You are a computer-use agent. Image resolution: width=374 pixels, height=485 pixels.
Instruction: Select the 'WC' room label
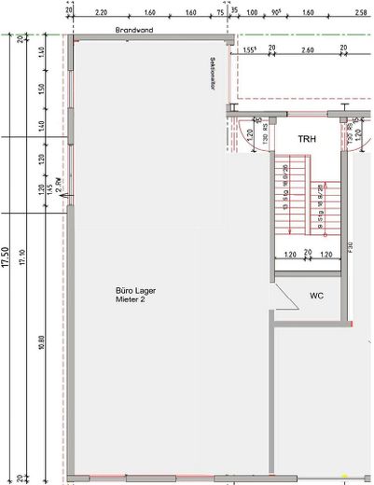(x=316, y=296)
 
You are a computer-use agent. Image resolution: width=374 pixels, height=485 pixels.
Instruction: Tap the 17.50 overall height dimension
(x=7, y=256)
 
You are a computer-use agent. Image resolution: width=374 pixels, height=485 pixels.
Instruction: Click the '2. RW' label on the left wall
(x=59, y=193)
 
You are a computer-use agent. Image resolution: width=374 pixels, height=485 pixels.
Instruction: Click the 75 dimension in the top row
(x=220, y=14)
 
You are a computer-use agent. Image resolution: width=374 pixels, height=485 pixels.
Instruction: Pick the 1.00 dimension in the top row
(x=251, y=14)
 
